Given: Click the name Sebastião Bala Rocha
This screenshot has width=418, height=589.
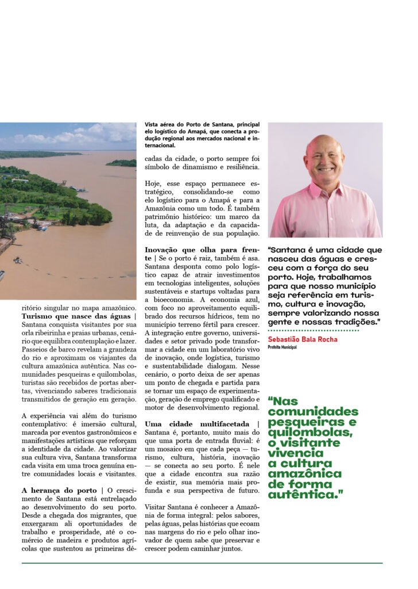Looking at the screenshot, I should [303, 339].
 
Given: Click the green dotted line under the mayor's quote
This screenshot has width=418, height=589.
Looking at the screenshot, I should [312, 331].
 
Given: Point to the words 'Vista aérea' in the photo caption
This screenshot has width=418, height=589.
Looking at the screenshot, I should [158, 124].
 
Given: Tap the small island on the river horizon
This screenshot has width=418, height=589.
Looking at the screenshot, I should [121, 163].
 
